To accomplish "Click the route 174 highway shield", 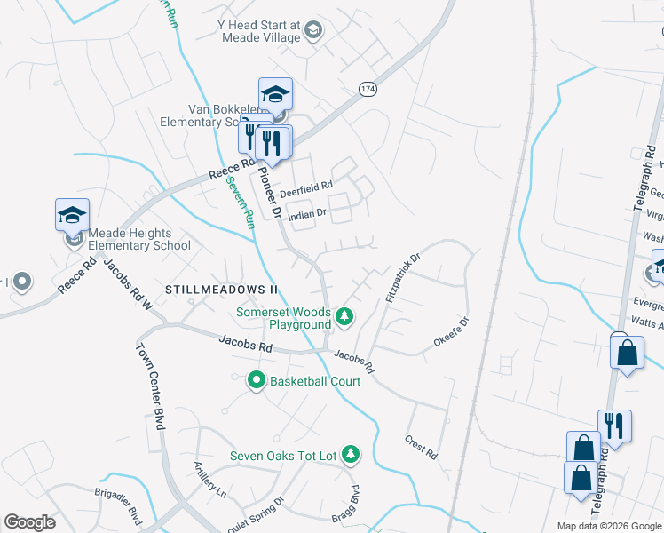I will [367, 89].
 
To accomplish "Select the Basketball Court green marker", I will [257, 380].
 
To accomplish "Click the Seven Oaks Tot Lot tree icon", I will [351, 455].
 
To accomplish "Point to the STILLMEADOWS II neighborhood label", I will [222, 290].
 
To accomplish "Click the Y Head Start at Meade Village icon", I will [312, 32].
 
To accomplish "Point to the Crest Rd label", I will [422, 446].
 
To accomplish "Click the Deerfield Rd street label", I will [305, 189].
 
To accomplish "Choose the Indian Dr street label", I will [308, 213].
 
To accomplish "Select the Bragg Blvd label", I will [354, 504].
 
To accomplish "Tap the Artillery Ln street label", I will [210, 479].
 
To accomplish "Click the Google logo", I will [29, 522].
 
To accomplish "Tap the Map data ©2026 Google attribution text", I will [608, 526].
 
